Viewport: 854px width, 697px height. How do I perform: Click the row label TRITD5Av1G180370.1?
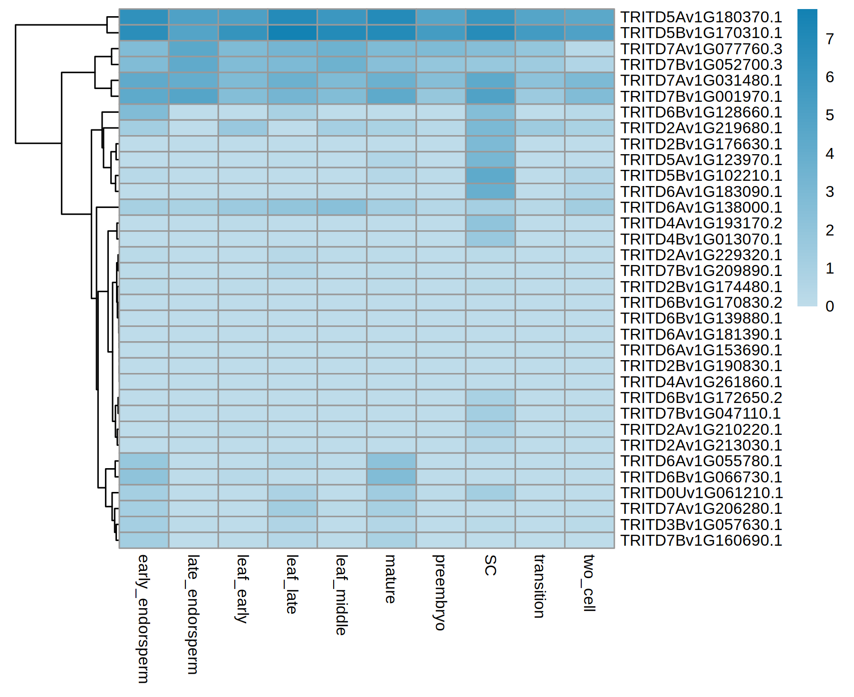(x=701, y=17)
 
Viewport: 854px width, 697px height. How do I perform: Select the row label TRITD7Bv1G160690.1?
(x=701, y=540)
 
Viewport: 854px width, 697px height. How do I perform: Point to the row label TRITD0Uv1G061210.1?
(x=701, y=493)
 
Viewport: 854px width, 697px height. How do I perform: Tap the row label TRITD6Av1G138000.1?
(x=701, y=207)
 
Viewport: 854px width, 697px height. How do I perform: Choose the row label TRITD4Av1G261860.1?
(x=701, y=382)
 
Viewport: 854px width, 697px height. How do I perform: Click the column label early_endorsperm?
(x=143, y=618)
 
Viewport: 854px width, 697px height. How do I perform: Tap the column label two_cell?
(x=589, y=583)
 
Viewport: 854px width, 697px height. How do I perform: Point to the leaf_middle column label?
(x=342, y=595)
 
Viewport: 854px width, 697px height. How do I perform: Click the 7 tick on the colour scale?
(x=830, y=39)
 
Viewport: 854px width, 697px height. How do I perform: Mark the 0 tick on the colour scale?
(x=830, y=306)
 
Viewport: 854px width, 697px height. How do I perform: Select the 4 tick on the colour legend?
(x=830, y=154)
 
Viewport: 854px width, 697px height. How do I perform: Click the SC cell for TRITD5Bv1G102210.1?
(x=490, y=176)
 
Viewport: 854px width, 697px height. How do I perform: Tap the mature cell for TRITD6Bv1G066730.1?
(x=392, y=477)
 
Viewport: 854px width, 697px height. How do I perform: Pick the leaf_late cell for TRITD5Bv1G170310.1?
(x=292, y=33)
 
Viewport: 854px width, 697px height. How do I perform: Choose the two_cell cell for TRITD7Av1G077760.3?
(x=589, y=49)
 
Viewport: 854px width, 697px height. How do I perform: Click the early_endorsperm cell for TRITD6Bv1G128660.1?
(x=144, y=112)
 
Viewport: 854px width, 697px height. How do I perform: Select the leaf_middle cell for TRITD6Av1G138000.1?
(x=342, y=207)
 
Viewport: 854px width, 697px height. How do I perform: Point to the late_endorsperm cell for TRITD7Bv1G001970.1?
(x=193, y=96)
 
